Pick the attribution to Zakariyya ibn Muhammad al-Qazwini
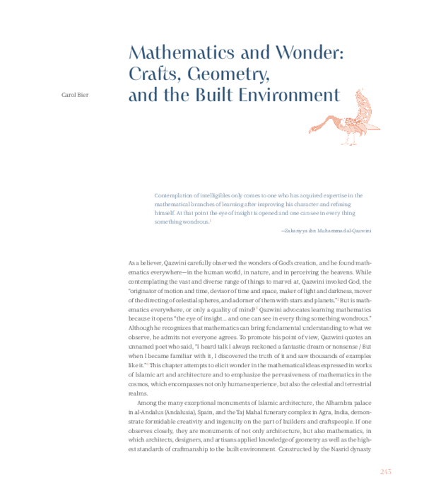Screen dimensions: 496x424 tap(326, 231)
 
